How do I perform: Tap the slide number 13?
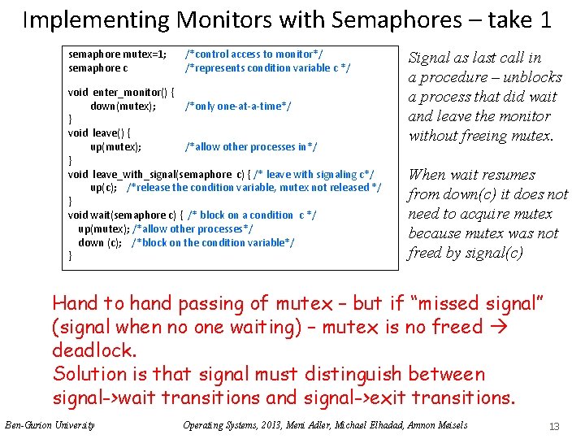[555, 425]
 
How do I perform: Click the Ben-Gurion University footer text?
[50, 424]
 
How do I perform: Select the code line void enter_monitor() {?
[121, 93]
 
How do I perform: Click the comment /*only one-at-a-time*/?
[238, 106]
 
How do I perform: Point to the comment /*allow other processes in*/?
[251, 146]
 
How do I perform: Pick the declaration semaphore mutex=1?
[118, 54]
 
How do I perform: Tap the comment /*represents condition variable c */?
[268, 68]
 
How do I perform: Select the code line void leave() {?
[100, 133]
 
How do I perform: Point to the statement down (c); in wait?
[100, 242]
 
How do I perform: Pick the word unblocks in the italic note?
[532, 77]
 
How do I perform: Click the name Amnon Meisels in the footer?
[439, 424]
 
